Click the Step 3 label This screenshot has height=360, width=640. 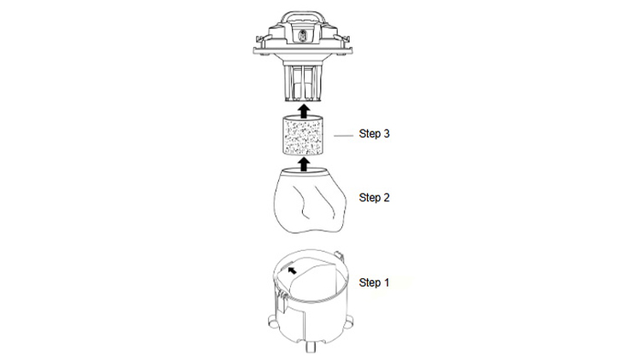tap(374, 133)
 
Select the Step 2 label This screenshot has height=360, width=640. tap(374, 198)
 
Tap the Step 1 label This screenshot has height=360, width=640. tap(374, 282)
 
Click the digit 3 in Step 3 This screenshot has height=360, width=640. tap(386, 133)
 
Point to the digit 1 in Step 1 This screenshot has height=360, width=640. tap(386, 282)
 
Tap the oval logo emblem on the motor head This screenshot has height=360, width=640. tap(302, 36)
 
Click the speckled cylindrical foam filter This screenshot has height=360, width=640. tap(303, 135)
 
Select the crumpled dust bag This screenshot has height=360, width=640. tap(310, 200)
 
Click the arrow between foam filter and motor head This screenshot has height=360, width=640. tap(303, 111)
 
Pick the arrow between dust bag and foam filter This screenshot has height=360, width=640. tap(303, 164)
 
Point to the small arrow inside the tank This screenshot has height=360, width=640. tap(292, 270)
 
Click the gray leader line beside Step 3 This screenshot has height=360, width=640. tap(343, 135)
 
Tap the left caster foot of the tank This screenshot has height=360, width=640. tap(273, 322)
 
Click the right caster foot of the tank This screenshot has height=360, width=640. tap(349, 322)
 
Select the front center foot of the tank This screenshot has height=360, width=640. tap(311, 346)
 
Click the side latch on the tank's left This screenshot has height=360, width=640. tap(281, 302)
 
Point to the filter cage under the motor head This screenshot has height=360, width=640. tap(303, 81)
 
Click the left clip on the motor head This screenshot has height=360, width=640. tap(259, 39)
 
